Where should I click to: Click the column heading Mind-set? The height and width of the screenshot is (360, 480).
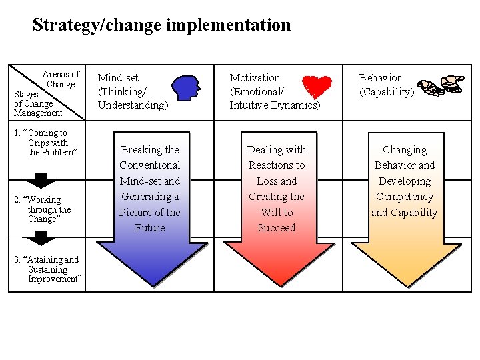pyautogui.click(x=118, y=78)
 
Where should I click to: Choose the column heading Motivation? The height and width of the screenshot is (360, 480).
pyautogui.click(x=255, y=78)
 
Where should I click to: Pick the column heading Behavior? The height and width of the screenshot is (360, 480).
pyautogui.click(x=380, y=78)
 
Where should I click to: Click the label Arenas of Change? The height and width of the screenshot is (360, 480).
pyautogui.click(x=61, y=79)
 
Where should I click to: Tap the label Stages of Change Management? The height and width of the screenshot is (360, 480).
pyautogui.click(x=38, y=104)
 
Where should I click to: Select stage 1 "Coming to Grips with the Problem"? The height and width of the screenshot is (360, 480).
pyautogui.click(x=47, y=143)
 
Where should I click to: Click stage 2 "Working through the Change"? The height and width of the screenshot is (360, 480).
pyautogui.click(x=47, y=209)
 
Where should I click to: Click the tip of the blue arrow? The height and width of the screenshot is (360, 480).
pyautogui.click(x=150, y=285)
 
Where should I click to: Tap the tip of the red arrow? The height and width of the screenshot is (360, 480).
pyautogui.click(x=277, y=285)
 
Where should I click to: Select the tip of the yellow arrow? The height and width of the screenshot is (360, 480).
pyautogui.click(x=405, y=285)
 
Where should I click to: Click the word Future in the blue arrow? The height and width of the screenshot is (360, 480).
pyautogui.click(x=150, y=228)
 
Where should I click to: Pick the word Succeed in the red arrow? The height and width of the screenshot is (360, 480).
pyautogui.click(x=277, y=228)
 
